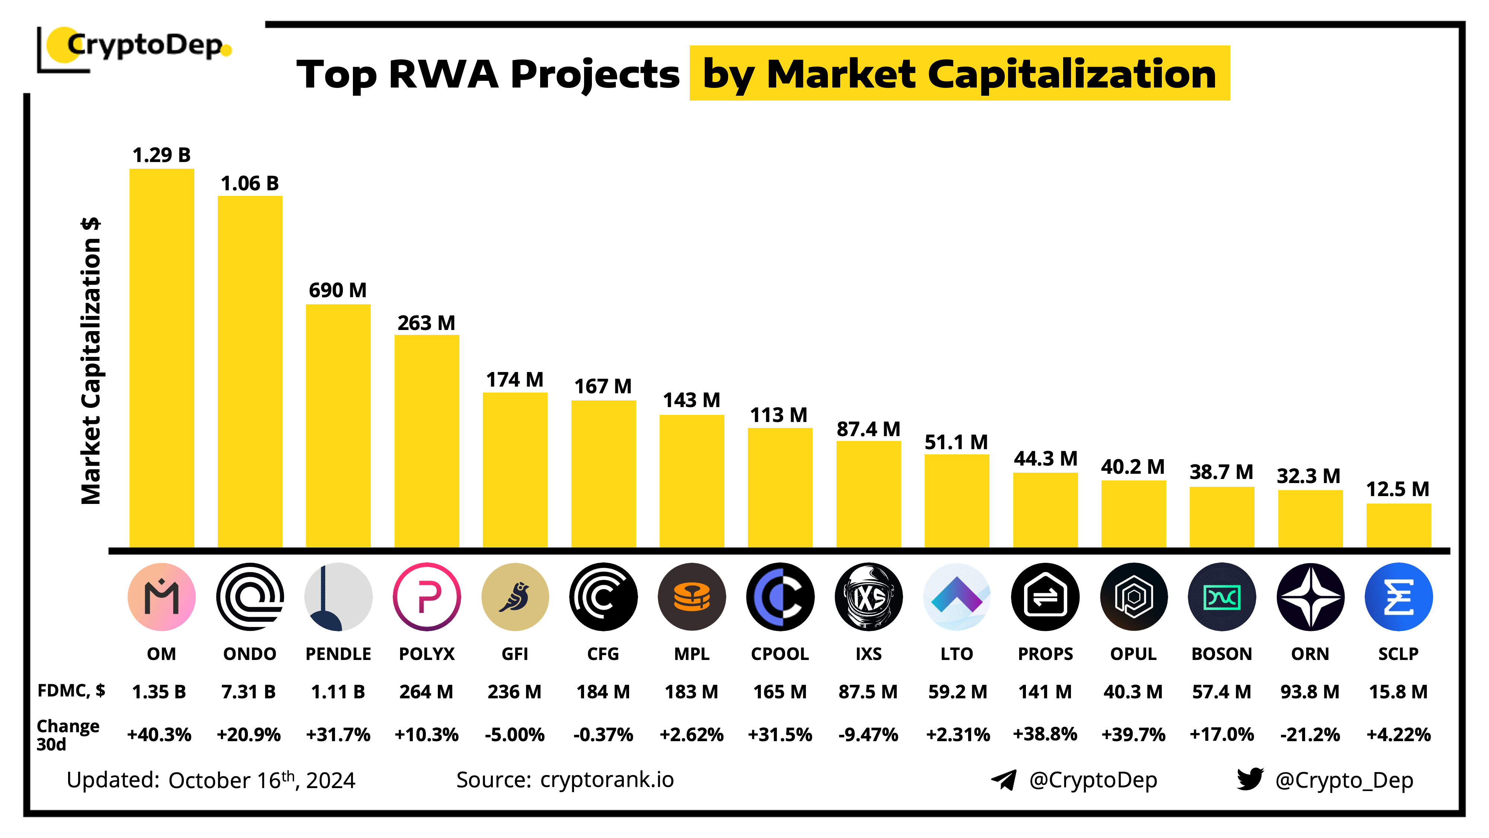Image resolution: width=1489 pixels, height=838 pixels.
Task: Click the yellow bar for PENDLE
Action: coord(338,425)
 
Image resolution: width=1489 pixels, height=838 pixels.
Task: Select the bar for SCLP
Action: coord(1398,525)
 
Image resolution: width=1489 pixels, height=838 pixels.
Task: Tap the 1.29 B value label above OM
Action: coord(161,155)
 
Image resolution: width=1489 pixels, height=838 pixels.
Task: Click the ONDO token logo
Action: coord(250,596)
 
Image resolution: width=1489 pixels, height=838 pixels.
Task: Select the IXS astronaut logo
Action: coord(868,596)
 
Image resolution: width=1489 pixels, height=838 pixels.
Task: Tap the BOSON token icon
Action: coord(1221,596)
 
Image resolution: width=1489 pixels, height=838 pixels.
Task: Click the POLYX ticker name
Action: coord(427,654)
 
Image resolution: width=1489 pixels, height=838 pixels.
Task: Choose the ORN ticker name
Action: coord(1310,654)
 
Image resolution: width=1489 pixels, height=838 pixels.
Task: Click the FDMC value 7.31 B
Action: coord(249,692)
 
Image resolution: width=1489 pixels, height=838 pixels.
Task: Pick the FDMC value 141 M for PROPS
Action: coord(1045,692)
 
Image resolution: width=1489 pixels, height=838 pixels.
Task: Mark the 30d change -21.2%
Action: coord(1310,734)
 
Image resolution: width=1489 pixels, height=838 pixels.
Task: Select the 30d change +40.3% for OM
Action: coord(160,734)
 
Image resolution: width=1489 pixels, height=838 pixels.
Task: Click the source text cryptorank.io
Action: coord(607,780)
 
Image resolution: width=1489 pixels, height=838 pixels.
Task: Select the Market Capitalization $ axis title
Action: coord(91,361)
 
